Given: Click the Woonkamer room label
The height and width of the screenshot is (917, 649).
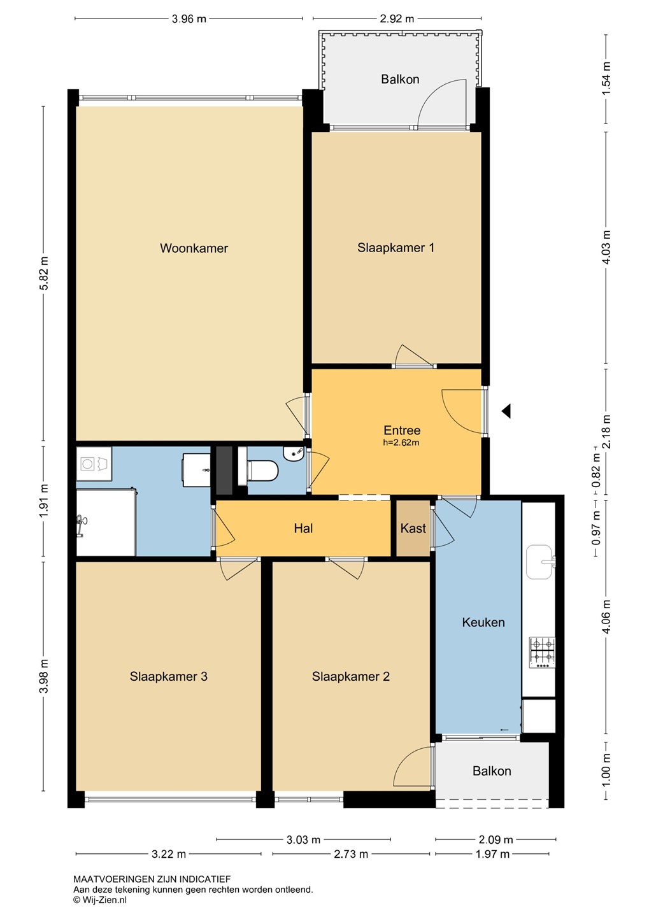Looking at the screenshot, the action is tap(194, 248).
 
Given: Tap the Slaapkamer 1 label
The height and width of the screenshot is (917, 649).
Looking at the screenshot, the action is tap(396, 248).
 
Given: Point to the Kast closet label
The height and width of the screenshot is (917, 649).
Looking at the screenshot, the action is tap(413, 528).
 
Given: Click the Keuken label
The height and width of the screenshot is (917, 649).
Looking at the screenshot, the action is tap(483, 622).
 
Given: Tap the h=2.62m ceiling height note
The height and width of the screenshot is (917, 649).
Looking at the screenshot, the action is tap(401, 443).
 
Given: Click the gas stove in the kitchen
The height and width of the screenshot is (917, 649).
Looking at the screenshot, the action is tap(543, 653).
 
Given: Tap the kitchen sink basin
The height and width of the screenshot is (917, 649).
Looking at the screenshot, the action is tap(539, 562).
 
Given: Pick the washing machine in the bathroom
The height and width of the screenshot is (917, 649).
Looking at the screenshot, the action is tap(94, 464).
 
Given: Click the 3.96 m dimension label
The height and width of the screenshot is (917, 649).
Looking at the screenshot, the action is tap(189, 19).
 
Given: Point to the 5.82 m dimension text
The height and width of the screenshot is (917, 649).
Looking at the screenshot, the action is tap(43, 273).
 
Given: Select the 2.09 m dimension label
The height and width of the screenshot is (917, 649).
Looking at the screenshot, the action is tap(496, 839).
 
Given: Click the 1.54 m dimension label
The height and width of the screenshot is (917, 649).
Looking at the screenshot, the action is tap(606, 78).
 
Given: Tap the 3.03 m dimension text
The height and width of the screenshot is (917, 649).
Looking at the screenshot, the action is tap(303, 839).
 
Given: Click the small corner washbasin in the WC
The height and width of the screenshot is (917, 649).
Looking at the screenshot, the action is tap(293, 453).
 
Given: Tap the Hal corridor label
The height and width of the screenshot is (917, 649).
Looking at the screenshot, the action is tap(303, 528).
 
